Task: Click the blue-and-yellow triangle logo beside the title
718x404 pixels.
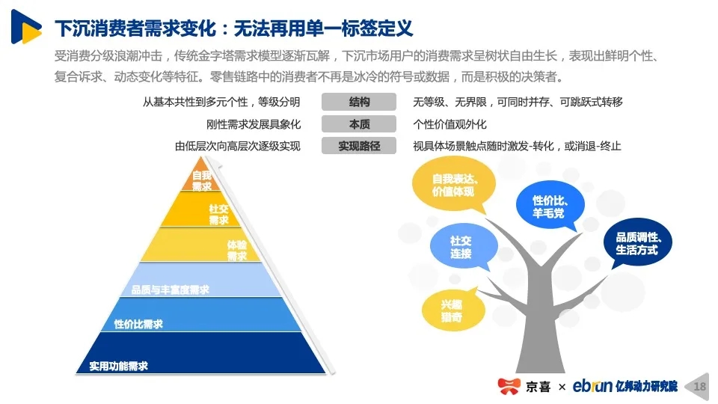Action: point(25,27)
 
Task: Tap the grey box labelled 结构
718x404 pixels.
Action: point(358,102)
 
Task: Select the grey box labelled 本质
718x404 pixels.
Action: point(358,123)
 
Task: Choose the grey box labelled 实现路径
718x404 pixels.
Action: point(358,146)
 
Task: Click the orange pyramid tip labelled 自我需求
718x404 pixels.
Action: point(200,177)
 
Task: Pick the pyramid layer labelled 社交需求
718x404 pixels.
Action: point(201,209)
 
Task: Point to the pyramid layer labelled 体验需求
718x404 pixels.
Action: point(200,245)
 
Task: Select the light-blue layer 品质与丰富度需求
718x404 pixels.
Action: point(200,279)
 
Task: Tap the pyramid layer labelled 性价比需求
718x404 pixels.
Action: point(200,315)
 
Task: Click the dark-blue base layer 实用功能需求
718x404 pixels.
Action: point(200,353)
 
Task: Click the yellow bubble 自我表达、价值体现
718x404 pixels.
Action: point(453,185)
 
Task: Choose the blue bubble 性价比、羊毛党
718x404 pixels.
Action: point(550,205)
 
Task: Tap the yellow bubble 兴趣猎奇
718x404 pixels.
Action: point(452,310)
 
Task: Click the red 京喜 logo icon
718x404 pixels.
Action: point(509,386)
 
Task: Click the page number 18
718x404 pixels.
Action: point(700,387)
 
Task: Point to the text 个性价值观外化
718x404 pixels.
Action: point(449,124)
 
